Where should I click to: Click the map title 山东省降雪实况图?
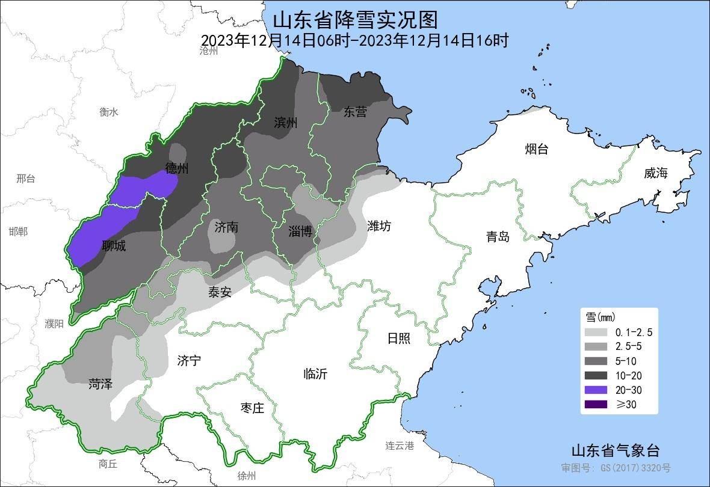click(x=355, y=19)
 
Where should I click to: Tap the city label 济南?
click(x=226, y=227)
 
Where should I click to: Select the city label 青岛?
click(x=498, y=236)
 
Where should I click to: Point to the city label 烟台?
click(x=536, y=149)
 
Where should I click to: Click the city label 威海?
click(x=656, y=173)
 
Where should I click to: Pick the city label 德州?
click(x=177, y=168)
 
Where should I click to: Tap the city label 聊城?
click(x=114, y=245)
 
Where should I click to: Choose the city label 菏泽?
click(x=100, y=384)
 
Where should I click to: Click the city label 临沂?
click(x=315, y=373)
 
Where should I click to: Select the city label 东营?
click(x=355, y=111)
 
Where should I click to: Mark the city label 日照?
click(x=398, y=338)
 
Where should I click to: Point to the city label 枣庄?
click(x=252, y=408)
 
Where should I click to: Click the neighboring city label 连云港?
click(x=400, y=446)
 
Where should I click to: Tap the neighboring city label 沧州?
click(x=208, y=51)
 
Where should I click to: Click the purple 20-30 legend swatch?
click(x=596, y=390)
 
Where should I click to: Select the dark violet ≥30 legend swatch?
click(x=596, y=404)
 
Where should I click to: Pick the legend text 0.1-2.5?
click(x=634, y=332)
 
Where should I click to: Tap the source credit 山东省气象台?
click(x=615, y=451)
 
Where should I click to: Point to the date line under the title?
click(x=355, y=40)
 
